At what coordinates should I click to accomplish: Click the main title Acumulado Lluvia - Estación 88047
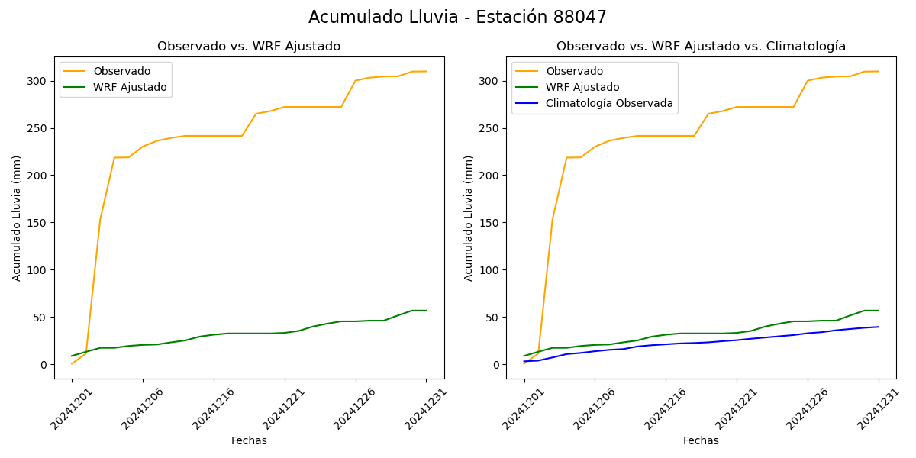[x=457, y=18]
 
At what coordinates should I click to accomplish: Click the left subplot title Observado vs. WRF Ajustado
[x=249, y=47]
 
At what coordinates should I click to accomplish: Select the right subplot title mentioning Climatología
[x=701, y=47]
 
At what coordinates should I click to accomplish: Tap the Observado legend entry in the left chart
[x=122, y=72]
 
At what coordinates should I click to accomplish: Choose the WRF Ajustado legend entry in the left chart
[x=130, y=88]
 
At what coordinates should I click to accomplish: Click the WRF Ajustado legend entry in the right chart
[x=582, y=88]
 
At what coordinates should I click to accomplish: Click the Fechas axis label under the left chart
[x=249, y=441]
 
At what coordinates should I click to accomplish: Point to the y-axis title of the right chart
[x=469, y=218]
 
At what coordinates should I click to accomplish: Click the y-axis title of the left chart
[x=17, y=218]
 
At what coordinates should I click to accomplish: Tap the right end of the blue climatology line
[x=879, y=327]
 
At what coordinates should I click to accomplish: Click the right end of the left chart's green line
[x=427, y=311]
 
